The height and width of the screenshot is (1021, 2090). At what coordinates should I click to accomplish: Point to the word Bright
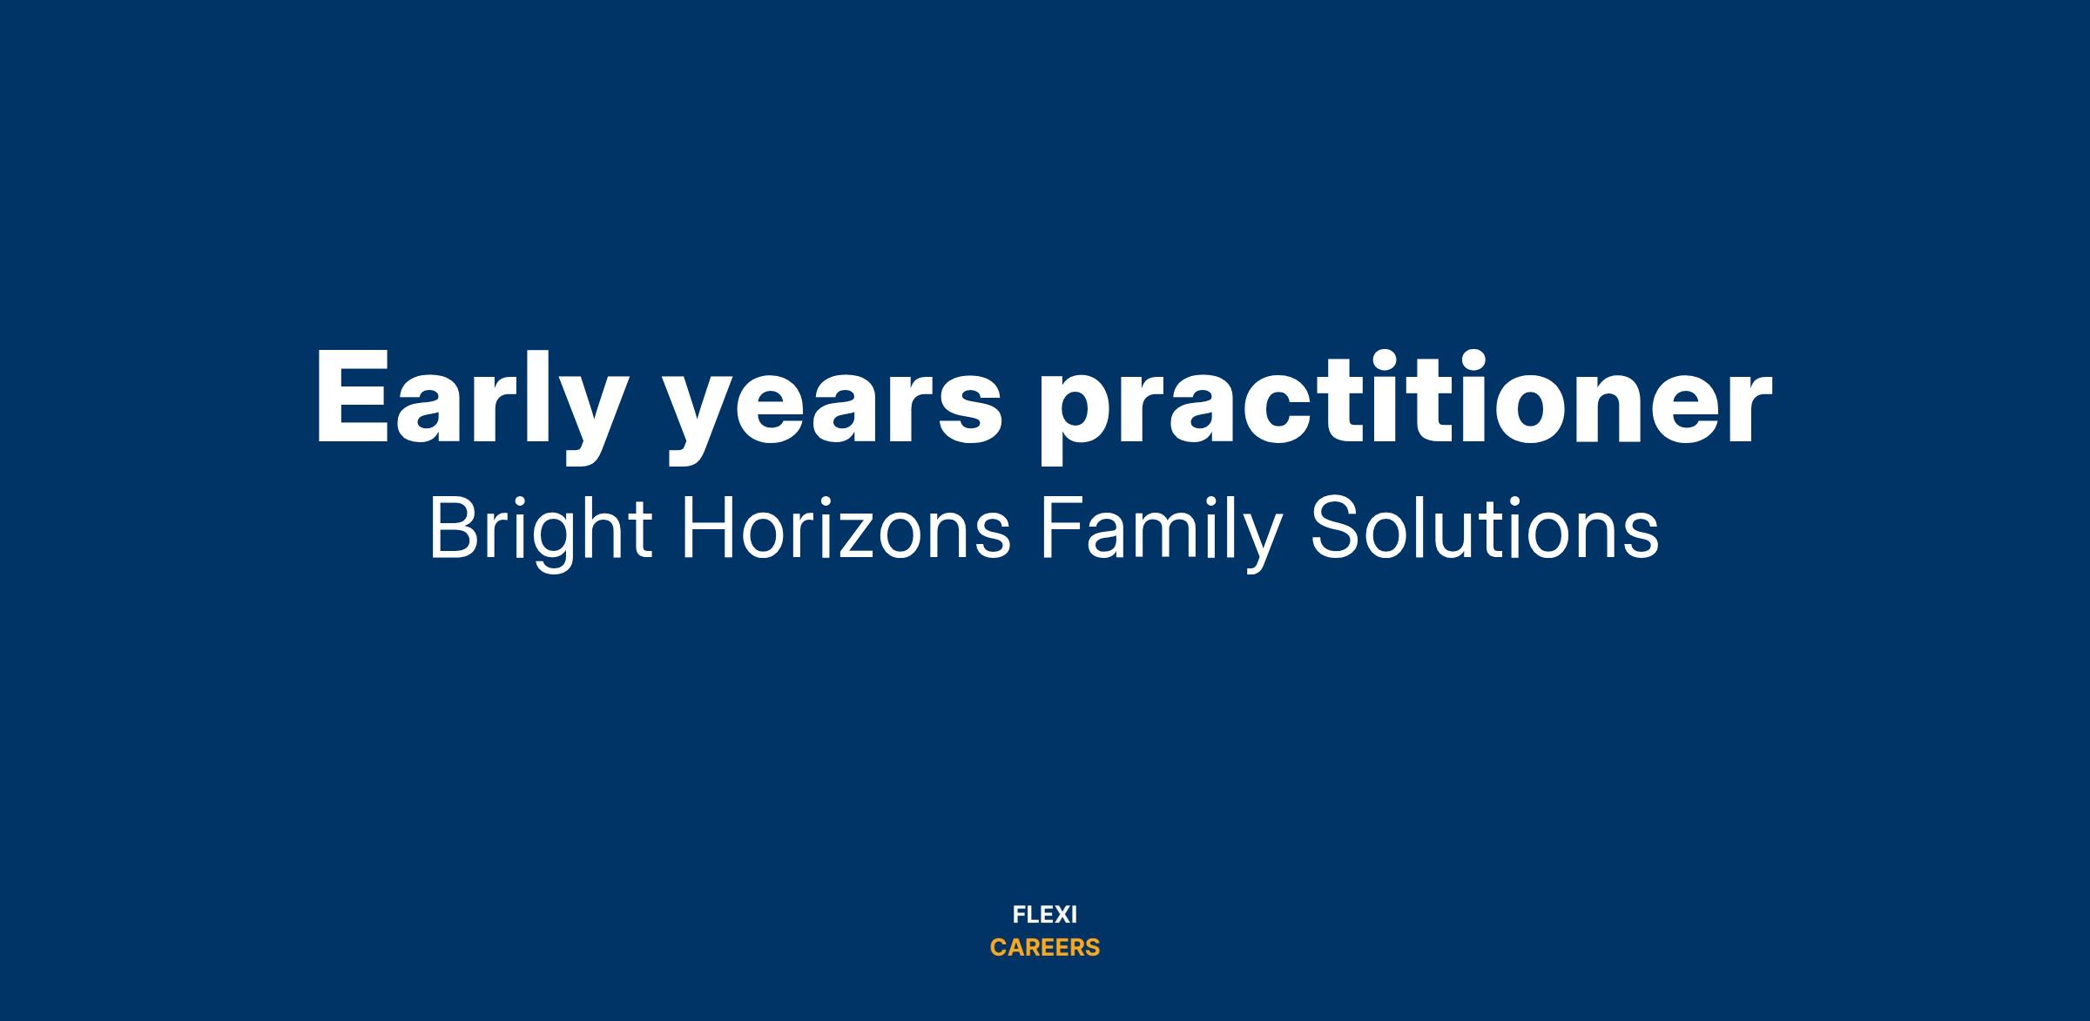point(540,532)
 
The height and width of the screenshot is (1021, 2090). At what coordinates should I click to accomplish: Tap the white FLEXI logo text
point(1045,916)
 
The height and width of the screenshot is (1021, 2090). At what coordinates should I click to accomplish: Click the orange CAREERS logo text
point(1045,948)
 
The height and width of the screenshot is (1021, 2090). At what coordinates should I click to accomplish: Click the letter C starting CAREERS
point(999,948)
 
